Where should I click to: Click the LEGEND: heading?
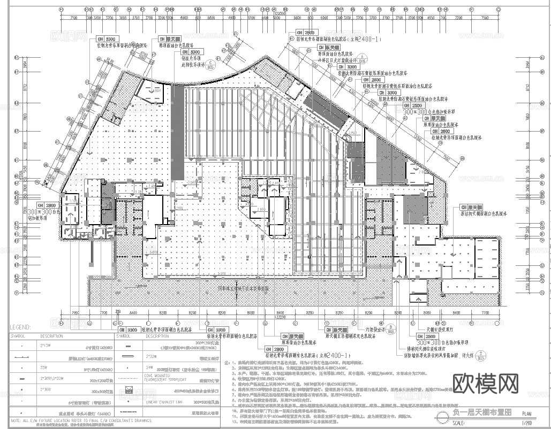[x=20, y=326]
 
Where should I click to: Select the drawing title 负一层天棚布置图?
[x=482, y=413]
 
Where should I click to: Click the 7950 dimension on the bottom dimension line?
[x=74, y=312]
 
